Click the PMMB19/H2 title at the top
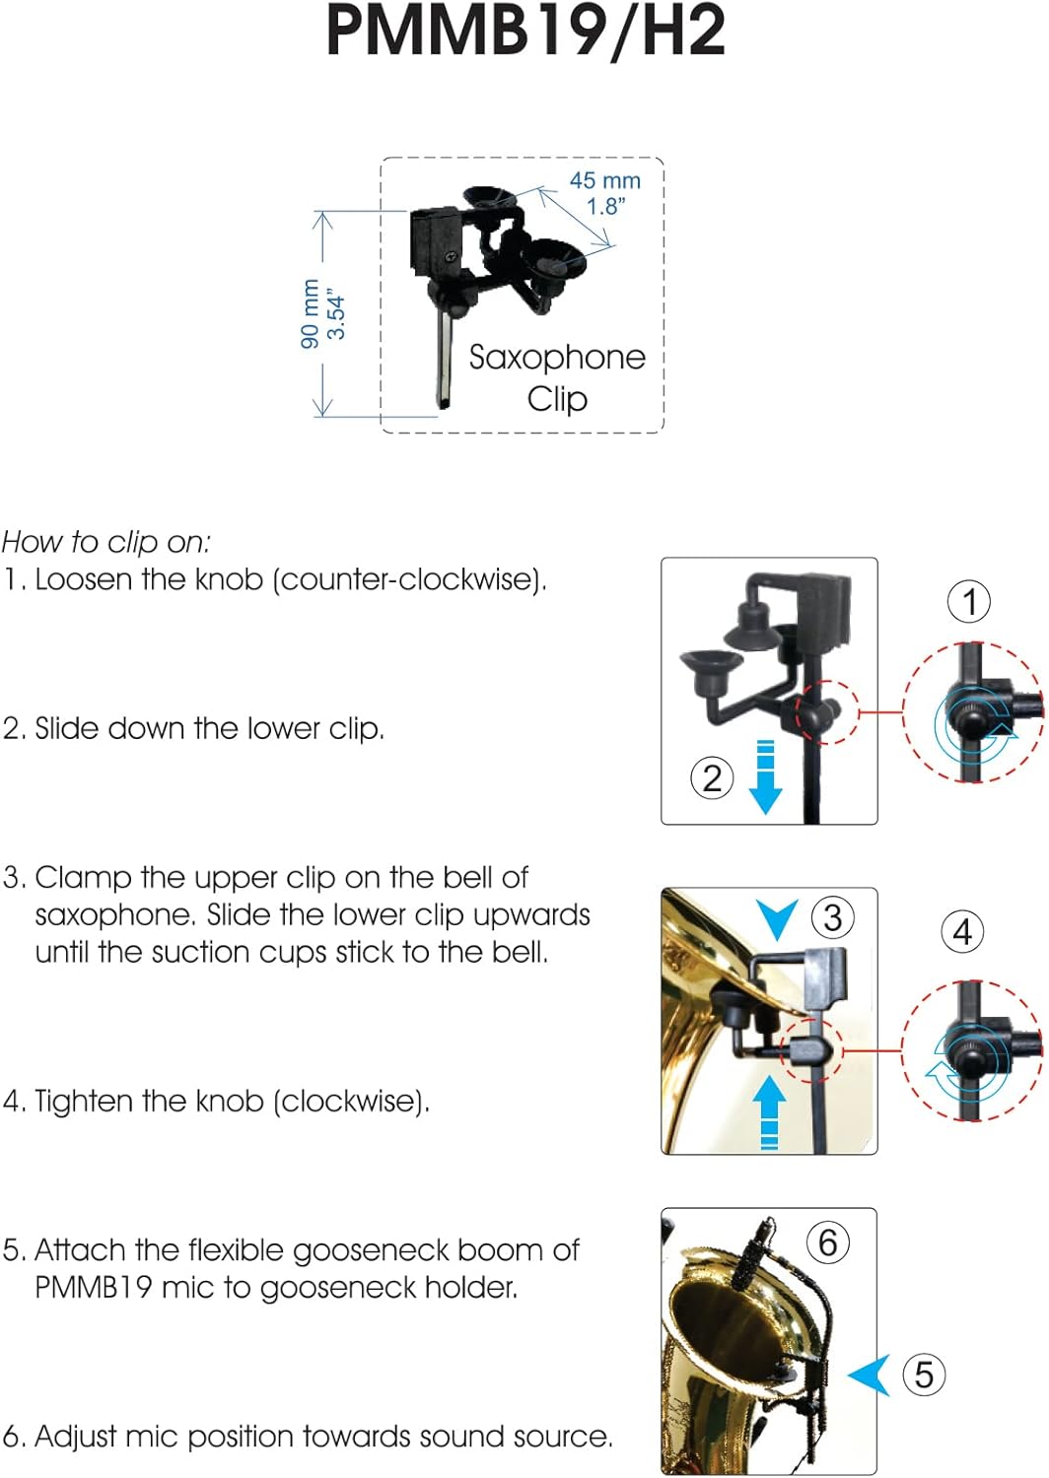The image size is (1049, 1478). click(525, 32)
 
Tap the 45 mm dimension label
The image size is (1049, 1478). click(604, 180)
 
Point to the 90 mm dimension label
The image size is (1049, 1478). click(311, 313)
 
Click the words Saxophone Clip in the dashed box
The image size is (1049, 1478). click(557, 378)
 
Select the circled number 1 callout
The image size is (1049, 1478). click(968, 601)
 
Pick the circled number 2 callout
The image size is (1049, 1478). click(712, 778)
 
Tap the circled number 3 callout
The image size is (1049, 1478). click(832, 916)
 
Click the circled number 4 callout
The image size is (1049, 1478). click(962, 932)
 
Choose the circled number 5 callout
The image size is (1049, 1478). click(924, 1375)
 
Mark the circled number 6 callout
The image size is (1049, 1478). click(828, 1243)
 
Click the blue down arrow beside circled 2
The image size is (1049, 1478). click(765, 776)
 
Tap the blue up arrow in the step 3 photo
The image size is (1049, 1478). click(769, 1112)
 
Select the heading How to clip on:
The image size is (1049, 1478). click(106, 542)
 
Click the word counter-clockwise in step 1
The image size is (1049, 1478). click(408, 579)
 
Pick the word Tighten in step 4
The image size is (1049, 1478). click(66, 1101)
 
